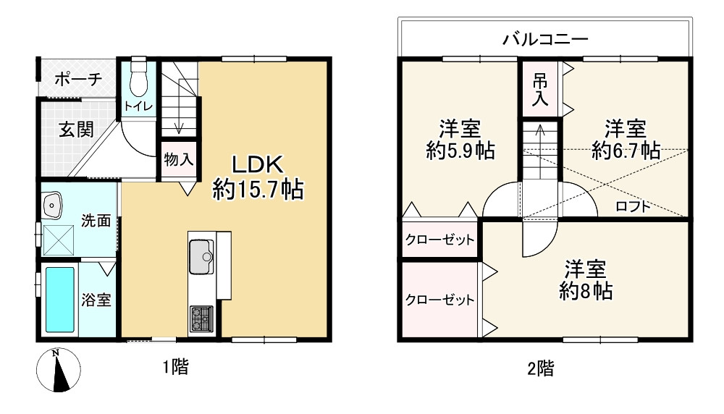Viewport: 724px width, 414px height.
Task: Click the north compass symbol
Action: pyautogui.click(x=56, y=370)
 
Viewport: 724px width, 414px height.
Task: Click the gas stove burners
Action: pyautogui.click(x=201, y=318)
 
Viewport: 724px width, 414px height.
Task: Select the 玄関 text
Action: pyautogui.click(x=76, y=130)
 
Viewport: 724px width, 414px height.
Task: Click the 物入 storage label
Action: pyautogui.click(x=178, y=160)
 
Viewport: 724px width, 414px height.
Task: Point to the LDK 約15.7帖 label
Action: pyautogui.click(x=257, y=177)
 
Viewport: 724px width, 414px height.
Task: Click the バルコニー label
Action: pyautogui.click(x=545, y=38)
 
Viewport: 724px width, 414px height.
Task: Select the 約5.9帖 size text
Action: pyautogui.click(x=460, y=151)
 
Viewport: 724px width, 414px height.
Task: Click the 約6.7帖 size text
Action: pyautogui.click(x=626, y=151)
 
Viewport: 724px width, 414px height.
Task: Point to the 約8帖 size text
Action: pyautogui.click(x=586, y=291)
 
